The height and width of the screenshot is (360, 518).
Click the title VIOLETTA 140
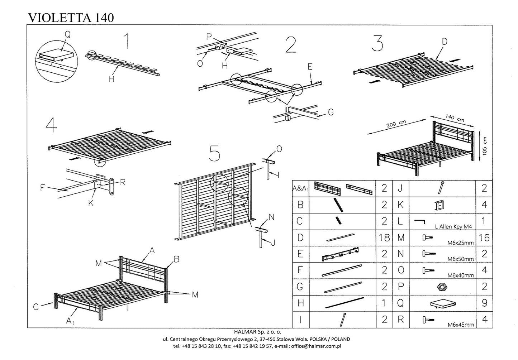pos(71,18)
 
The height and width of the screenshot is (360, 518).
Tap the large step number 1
pos(126,41)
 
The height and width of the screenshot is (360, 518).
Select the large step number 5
pos(214,153)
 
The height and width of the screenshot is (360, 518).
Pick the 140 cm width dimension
pos(455,117)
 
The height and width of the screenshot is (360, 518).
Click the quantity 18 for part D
pos(384,237)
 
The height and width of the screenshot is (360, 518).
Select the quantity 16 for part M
pos(484,237)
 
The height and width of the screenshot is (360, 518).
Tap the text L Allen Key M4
pos(453,226)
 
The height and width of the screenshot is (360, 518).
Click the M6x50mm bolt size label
pos(460,259)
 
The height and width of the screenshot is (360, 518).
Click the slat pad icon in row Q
pos(442,304)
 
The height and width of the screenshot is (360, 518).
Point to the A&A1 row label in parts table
pos(301,188)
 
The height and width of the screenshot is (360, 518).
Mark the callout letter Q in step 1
pos(67,35)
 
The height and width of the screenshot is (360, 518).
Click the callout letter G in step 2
pos(331,112)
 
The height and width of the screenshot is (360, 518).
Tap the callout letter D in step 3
pos(444,42)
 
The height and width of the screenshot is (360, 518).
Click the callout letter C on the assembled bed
pos(36,307)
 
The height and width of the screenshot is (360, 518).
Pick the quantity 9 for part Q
pos(484,303)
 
